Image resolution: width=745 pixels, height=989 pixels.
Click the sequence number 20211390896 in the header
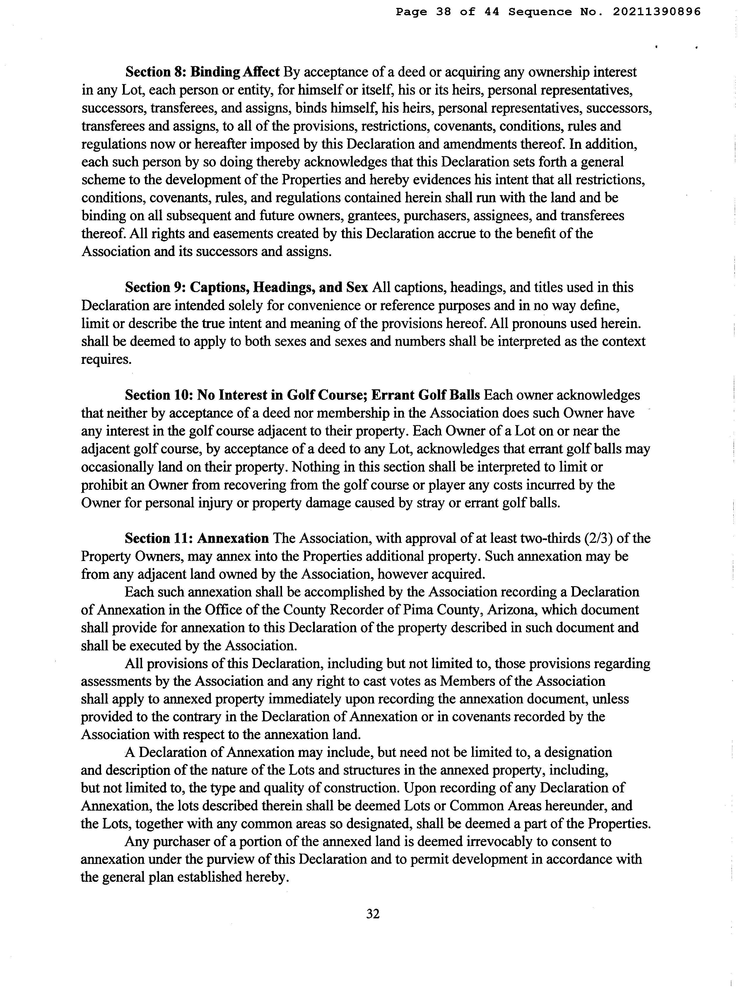[656, 12]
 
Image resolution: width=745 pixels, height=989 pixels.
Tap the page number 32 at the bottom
[373, 914]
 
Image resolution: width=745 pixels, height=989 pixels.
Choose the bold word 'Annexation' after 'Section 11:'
[233, 538]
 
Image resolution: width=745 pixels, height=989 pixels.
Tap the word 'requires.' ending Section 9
[106, 359]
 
